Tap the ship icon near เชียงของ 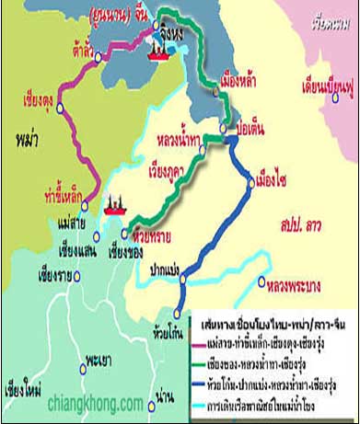[115, 204]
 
